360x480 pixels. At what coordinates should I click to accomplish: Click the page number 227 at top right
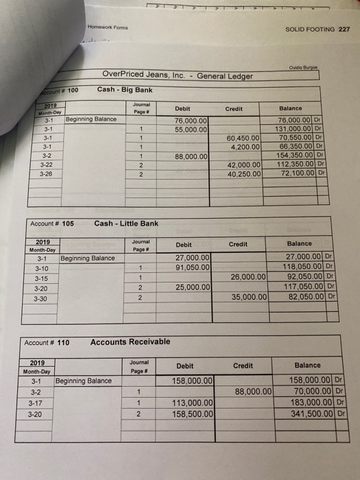click(x=344, y=29)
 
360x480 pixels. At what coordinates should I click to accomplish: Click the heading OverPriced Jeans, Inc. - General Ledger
click(x=177, y=75)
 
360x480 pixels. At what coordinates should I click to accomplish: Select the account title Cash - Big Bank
click(x=125, y=89)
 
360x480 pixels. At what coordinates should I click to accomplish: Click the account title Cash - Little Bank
click(x=126, y=224)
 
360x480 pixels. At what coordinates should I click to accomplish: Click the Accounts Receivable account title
click(x=130, y=341)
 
